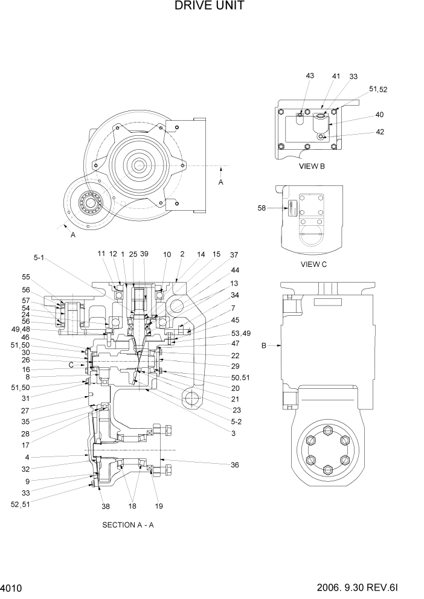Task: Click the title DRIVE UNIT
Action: (209, 7)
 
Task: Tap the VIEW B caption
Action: (312, 165)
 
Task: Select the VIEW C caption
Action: (313, 264)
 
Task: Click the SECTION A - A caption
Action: (128, 525)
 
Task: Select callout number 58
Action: (262, 208)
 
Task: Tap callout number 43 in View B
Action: (310, 76)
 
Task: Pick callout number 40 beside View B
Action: (379, 115)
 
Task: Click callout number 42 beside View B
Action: (379, 132)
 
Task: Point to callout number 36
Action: (234, 465)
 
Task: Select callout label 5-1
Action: (39, 257)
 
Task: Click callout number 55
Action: (26, 277)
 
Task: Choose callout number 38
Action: (106, 507)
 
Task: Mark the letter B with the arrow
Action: (263, 346)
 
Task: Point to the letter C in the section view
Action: (71, 365)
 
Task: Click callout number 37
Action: (234, 255)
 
